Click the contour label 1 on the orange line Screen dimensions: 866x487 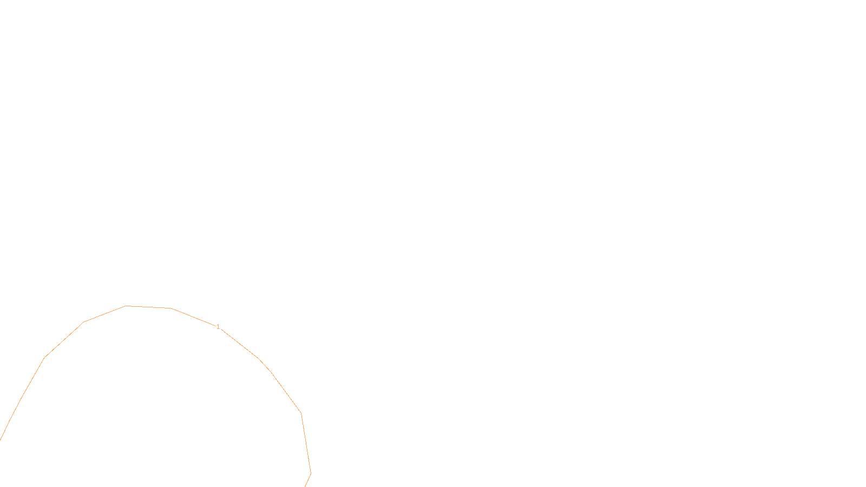[x=218, y=327]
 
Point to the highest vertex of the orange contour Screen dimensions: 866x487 [x=126, y=306]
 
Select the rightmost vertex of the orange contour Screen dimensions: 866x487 [x=311, y=473]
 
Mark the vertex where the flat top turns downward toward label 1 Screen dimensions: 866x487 [x=170, y=308]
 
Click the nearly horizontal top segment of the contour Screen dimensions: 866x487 [x=148, y=307]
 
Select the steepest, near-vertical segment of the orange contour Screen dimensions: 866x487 [x=306, y=443]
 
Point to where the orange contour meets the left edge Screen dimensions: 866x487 [x=1, y=439]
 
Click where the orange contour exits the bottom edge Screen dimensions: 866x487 [x=305, y=486]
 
